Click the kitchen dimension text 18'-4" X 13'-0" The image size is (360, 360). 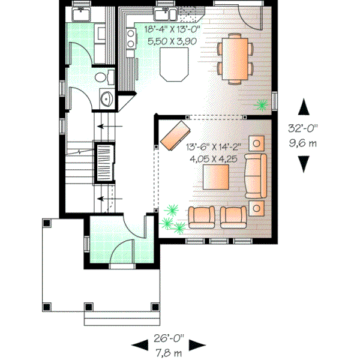(x=172, y=29)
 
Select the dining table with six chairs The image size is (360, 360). (x=235, y=58)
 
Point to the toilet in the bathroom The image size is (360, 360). (x=106, y=77)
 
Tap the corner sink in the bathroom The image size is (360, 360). (x=106, y=100)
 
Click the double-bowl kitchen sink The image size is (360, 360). (x=164, y=14)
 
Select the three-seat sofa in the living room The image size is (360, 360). (x=257, y=175)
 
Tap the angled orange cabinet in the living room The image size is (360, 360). (x=175, y=135)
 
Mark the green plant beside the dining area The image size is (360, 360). (x=262, y=106)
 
